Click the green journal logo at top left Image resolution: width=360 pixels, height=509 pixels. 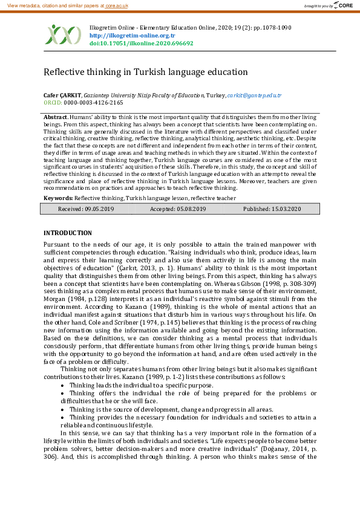pyautogui.click(x=63, y=34)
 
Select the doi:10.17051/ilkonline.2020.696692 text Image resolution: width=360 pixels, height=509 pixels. pyautogui.click(x=142, y=44)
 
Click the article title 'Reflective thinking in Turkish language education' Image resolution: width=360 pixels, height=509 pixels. pyautogui.click(x=146, y=72)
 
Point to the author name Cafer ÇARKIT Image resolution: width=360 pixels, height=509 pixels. pyautogui.click(x=62, y=96)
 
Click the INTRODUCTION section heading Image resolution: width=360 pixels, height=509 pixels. pyautogui.click(x=68, y=233)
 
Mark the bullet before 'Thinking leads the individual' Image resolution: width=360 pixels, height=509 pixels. pyautogui.click(x=63, y=385)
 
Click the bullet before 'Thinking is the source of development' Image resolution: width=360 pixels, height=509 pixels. pyautogui.click(x=63, y=409)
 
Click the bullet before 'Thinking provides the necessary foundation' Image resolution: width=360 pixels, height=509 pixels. pyautogui.click(x=63, y=417)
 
